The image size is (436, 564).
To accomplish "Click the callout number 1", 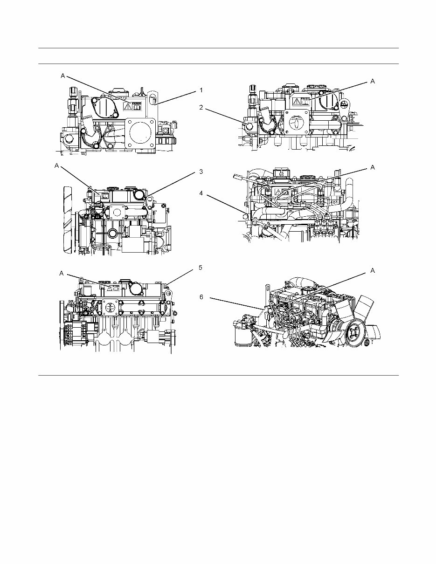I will point(201,90).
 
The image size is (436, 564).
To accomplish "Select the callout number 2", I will point(201,107).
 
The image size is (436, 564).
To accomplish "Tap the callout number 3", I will point(201,172).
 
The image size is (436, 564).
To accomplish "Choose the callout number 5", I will point(201,268).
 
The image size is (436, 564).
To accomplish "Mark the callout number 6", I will point(201,297).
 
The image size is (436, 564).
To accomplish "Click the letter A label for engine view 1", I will point(62,75).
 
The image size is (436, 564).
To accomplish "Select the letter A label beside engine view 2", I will point(372,81).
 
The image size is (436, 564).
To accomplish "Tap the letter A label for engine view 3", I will point(57,165).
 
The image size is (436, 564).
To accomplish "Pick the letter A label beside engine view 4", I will point(372,167).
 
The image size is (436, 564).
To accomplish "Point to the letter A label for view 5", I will point(61,274).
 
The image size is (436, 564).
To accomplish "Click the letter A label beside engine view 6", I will point(372,270).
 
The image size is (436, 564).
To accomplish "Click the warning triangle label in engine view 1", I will point(127,107).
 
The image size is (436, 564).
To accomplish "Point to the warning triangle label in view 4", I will point(278,192).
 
